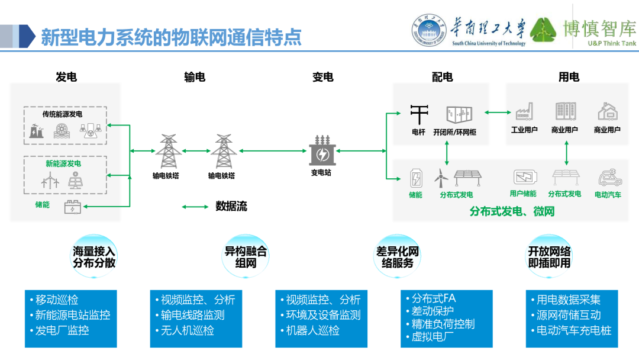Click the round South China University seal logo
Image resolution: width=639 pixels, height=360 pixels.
pos(429,30)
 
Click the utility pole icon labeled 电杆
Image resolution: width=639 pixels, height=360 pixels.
pos(419,114)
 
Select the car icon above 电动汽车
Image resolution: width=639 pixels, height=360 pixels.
pos(608,178)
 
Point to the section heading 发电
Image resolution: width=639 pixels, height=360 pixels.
pos(66,77)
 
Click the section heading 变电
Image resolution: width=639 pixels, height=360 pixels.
pos(323,77)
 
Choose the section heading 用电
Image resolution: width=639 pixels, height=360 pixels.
pos(569,77)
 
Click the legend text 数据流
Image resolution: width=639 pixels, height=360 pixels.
pos(231,206)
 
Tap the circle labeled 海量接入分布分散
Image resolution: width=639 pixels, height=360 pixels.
pos(94,257)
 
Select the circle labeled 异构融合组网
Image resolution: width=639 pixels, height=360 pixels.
pos(246,257)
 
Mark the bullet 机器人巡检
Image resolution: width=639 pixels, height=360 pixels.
pos(312,330)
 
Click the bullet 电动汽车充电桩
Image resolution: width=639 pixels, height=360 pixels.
pos(573,330)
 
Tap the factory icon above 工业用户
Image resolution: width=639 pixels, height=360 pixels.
pos(524,111)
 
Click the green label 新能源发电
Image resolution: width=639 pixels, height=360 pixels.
pos(63,163)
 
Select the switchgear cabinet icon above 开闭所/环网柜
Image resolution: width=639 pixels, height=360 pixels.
pos(461,114)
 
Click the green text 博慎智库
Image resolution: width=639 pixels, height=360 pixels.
pos(599,27)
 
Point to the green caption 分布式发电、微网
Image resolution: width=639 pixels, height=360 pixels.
pos(512,211)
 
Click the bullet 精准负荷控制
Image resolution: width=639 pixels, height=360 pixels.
pos(443,324)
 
